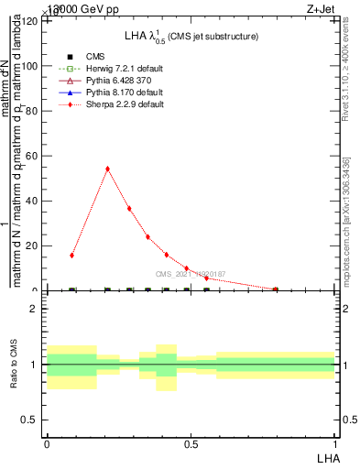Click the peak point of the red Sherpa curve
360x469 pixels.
[107, 169]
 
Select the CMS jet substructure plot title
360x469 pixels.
[191, 36]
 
